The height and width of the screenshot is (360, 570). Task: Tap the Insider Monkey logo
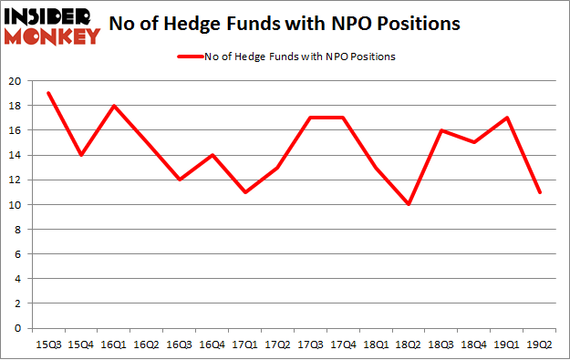tap(53, 26)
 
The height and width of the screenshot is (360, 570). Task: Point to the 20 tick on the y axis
tap(16, 81)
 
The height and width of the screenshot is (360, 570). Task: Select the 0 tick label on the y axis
tap(19, 328)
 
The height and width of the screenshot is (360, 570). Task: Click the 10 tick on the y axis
tap(16, 204)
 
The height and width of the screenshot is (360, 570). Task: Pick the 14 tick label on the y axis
tap(16, 155)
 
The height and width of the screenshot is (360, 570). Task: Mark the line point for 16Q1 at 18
tap(113, 106)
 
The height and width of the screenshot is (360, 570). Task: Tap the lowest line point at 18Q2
tap(409, 204)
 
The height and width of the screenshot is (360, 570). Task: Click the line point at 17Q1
tap(244, 192)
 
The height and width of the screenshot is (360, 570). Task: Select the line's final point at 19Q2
tap(540, 192)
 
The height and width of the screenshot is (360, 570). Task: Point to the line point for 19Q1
tap(507, 118)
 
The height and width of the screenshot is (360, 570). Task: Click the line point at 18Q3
tap(441, 130)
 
